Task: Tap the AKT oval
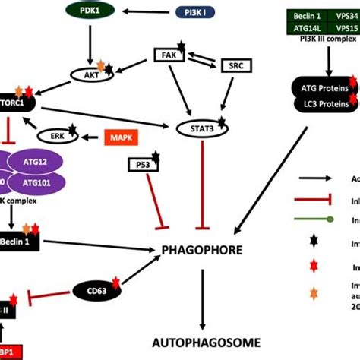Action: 90,74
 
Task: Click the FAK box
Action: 169,55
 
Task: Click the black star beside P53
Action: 154,156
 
